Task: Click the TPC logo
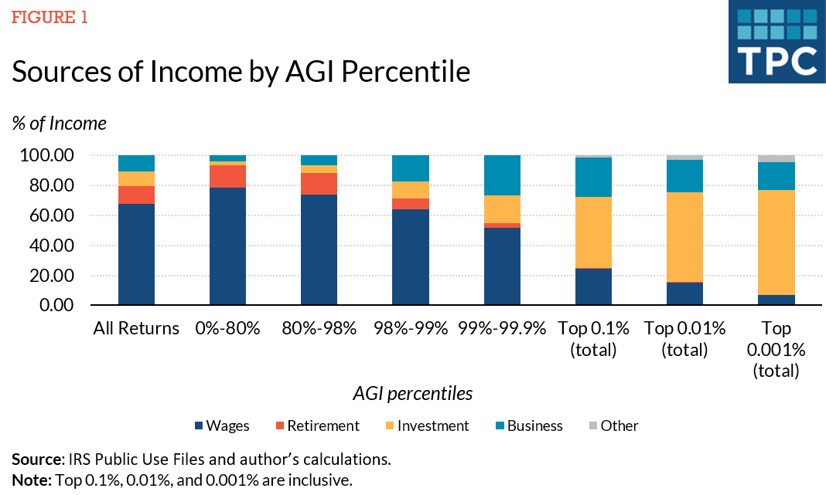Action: pyautogui.click(x=776, y=42)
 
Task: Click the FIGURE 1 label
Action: pyautogui.click(x=49, y=18)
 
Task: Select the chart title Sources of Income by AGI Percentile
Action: pyautogui.click(x=241, y=72)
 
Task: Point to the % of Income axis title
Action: pyautogui.click(x=60, y=123)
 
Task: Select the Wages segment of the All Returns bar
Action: pyautogui.click(x=136, y=255)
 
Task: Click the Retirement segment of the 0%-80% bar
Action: pyautogui.click(x=227, y=176)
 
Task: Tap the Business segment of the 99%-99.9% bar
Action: pyautogui.click(x=502, y=175)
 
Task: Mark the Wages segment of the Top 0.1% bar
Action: pyautogui.click(x=593, y=286)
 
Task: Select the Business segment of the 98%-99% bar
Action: pyautogui.click(x=411, y=168)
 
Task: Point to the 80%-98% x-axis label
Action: pyautogui.click(x=319, y=328)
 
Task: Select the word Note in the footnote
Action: pyautogui.click(x=29, y=480)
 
